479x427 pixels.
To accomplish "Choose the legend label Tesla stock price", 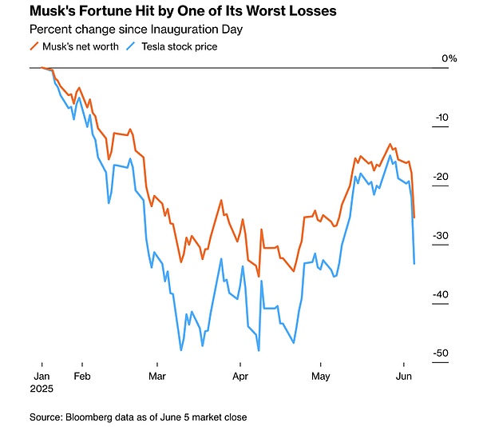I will point(179,46).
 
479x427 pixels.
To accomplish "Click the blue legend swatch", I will point(133,46).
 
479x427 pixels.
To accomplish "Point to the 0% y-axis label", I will point(449,58).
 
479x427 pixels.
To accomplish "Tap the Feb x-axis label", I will point(81,374).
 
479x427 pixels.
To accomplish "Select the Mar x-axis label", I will point(157,374).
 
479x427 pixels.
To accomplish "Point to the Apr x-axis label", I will point(239,374).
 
